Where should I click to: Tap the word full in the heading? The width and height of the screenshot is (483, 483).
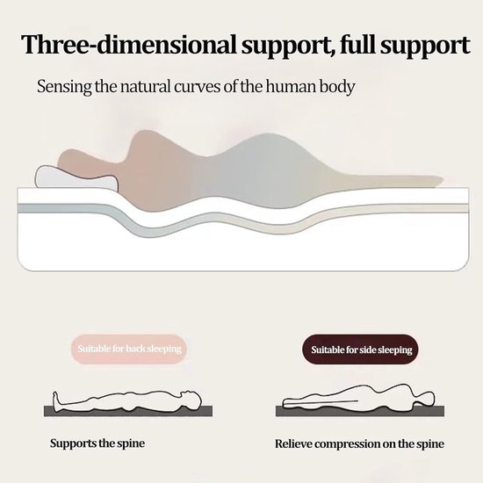pyautogui.click(x=357, y=45)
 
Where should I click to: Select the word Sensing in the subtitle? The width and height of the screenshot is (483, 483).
pyautogui.click(x=64, y=87)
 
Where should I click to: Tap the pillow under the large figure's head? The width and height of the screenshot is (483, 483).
pyautogui.click(x=76, y=177)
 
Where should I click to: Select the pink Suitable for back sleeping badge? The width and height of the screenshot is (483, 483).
pyautogui.click(x=129, y=349)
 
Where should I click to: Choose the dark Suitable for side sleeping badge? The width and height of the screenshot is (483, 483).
pyautogui.click(x=361, y=350)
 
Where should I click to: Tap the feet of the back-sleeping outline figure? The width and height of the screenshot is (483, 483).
pyautogui.click(x=56, y=401)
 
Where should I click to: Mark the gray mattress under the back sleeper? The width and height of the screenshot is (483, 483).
pyautogui.click(x=128, y=412)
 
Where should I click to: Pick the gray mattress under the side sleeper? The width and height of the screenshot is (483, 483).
pyautogui.click(x=360, y=412)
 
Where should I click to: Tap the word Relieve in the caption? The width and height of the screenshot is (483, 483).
pyautogui.click(x=293, y=443)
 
